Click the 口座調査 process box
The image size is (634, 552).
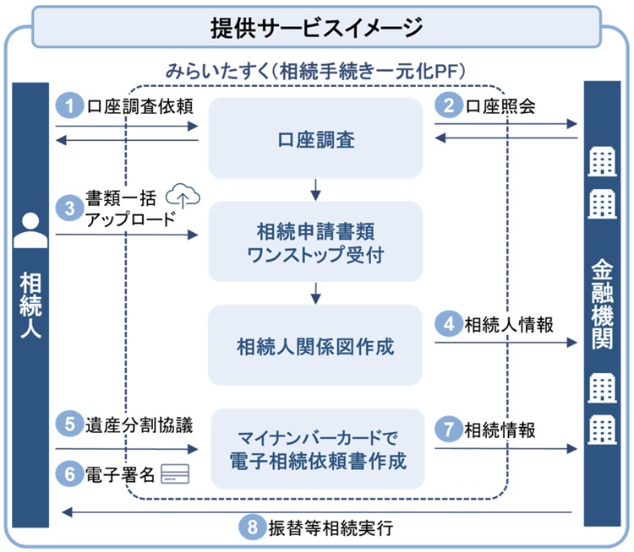pyautogui.click(x=314, y=138)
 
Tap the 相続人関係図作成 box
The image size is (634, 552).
pyautogui.click(x=314, y=345)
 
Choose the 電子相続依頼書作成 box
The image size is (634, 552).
pyautogui.click(x=314, y=448)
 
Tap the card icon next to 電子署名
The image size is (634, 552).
pyautogui.click(x=177, y=474)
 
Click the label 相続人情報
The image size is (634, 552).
pyautogui.click(x=509, y=324)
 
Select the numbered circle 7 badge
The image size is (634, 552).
pyautogui.click(x=448, y=429)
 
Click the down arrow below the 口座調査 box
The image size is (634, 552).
pyautogui.click(x=314, y=189)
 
